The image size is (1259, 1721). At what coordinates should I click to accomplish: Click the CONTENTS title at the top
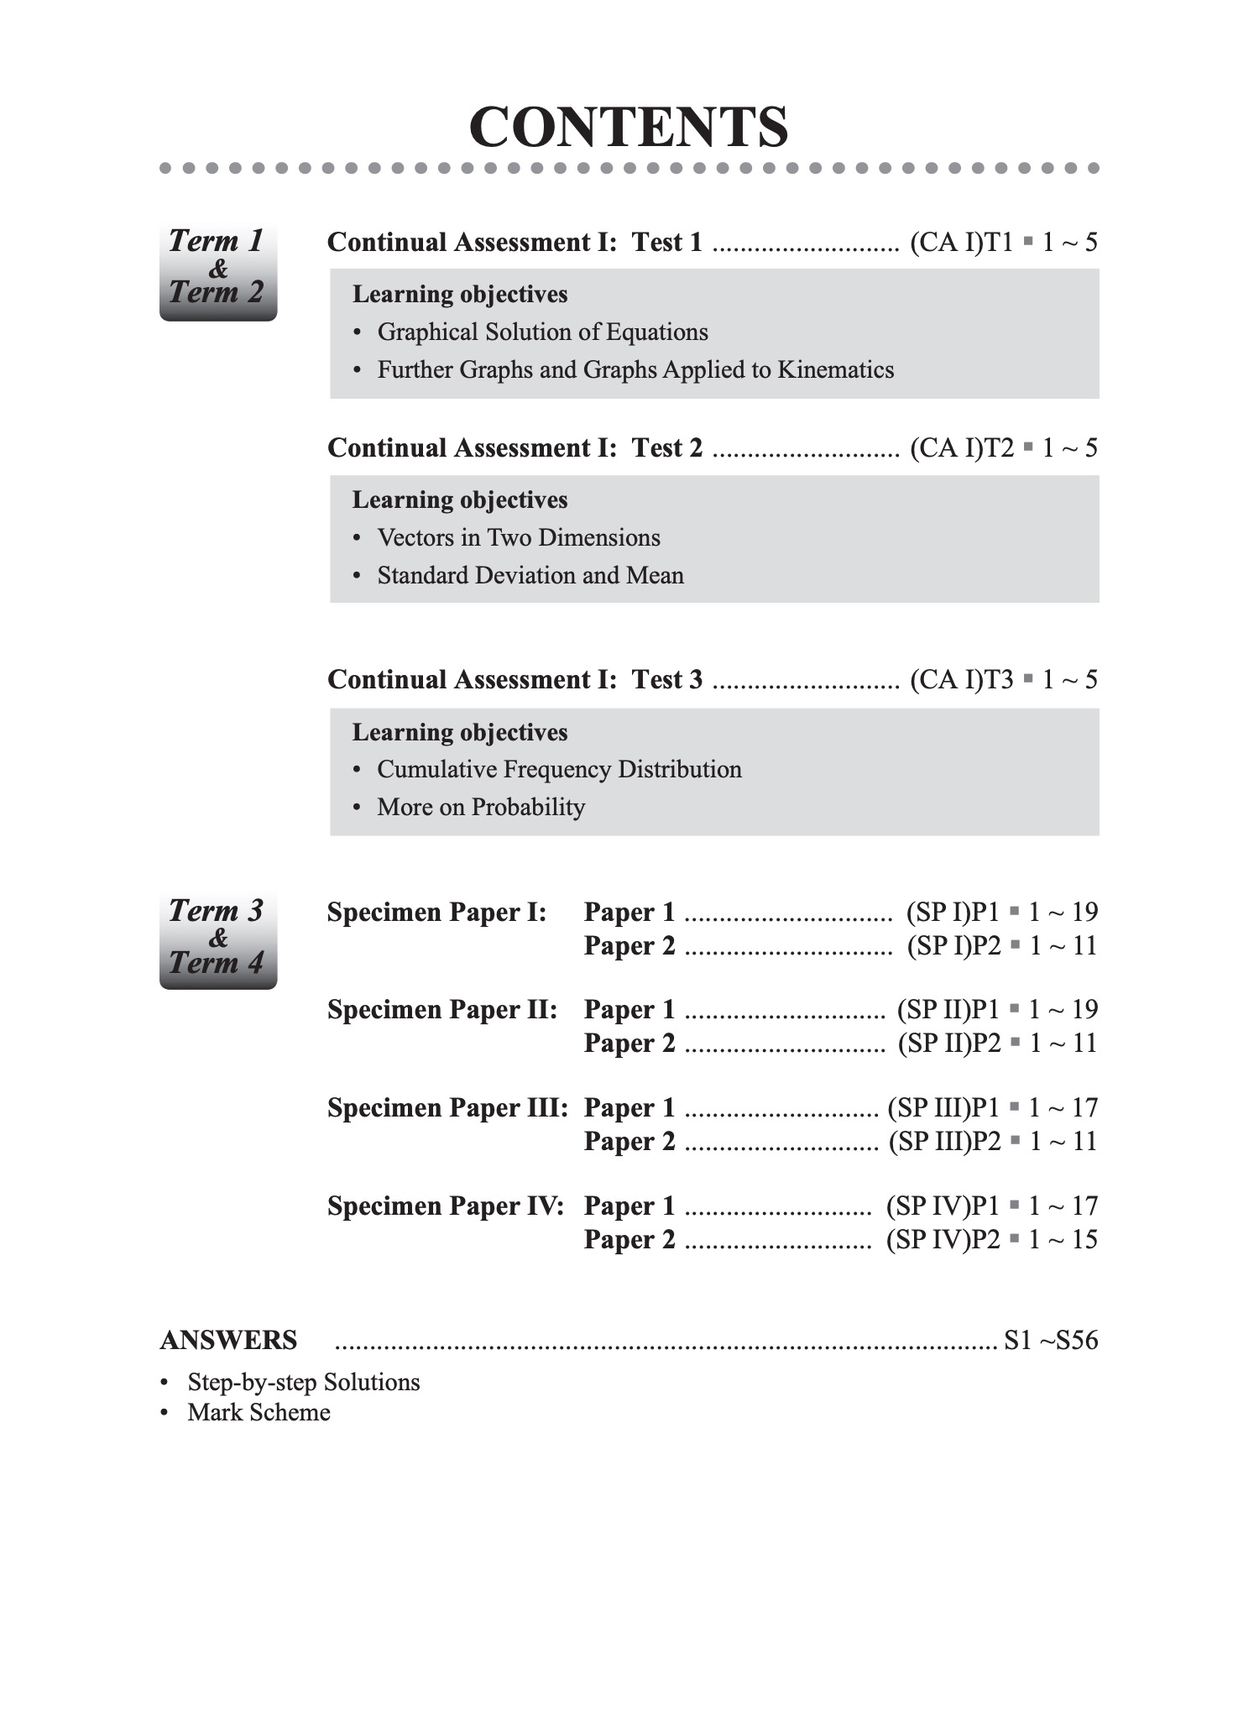tap(629, 128)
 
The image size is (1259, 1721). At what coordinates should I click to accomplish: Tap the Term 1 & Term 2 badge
tap(217, 270)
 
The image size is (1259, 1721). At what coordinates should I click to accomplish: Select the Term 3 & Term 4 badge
tap(217, 939)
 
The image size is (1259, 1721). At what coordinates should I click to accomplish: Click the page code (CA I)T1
tap(962, 243)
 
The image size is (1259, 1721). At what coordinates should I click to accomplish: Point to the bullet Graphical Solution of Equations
tap(542, 332)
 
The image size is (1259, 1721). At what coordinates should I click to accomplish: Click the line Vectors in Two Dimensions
tap(518, 538)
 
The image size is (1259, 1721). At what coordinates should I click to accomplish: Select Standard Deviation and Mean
tap(530, 576)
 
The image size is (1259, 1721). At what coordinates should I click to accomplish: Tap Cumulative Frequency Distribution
tap(559, 770)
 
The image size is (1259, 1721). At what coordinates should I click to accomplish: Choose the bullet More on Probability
tap(480, 808)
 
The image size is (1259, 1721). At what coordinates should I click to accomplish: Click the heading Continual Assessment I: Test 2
tap(515, 448)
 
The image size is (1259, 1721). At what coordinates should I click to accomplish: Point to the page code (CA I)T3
tap(962, 680)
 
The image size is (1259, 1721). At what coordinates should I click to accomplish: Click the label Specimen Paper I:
tap(436, 913)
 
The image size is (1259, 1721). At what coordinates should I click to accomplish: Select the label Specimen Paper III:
tap(447, 1108)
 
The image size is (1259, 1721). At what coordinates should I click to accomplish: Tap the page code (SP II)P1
tap(948, 1010)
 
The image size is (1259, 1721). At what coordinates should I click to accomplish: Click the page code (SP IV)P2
tap(943, 1240)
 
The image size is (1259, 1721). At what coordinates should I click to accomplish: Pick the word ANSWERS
tap(228, 1341)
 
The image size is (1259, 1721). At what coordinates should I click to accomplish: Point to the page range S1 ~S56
tap(1051, 1341)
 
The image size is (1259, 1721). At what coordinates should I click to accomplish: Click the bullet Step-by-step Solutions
tap(303, 1383)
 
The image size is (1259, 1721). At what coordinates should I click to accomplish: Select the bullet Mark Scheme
tap(259, 1413)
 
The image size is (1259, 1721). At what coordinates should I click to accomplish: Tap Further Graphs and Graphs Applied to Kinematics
tap(635, 370)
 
